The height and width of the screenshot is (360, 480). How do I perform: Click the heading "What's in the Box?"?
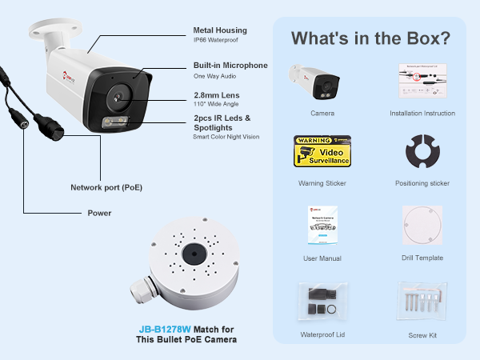[x=370, y=38]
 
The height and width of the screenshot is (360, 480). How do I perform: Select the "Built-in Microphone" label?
[x=230, y=66]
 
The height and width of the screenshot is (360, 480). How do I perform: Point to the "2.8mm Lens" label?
[x=216, y=95]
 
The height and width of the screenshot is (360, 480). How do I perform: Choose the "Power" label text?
[x=99, y=214]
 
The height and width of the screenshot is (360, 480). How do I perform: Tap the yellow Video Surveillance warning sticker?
[x=322, y=151]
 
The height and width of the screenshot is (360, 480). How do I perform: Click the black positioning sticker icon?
[x=422, y=153]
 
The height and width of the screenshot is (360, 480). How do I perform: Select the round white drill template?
[x=422, y=226]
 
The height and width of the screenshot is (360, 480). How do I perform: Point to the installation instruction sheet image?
[x=422, y=81]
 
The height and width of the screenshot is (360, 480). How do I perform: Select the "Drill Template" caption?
[x=422, y=258]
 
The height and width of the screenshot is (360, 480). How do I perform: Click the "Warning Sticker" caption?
[x=322, y=183]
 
